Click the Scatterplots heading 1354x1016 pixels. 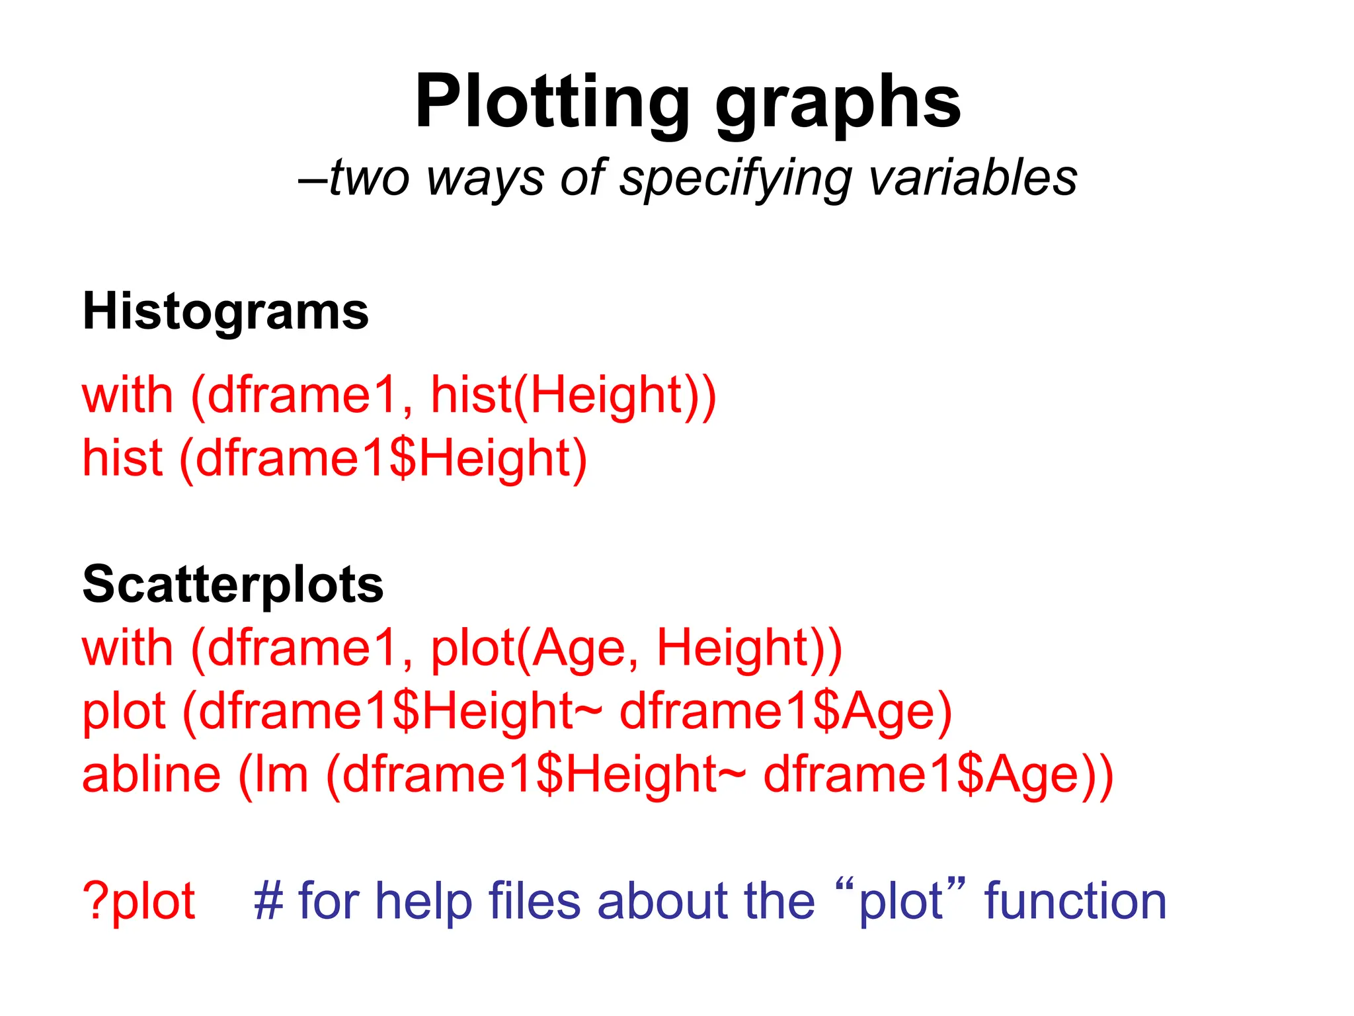tap(233, 585)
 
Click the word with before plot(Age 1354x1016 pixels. tap(127, 648)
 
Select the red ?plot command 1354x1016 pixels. tap(139, 902)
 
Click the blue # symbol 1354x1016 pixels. tap(268, 901)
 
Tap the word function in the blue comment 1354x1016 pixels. tap(1075, 901)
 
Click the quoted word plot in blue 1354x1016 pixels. tap(900, 902)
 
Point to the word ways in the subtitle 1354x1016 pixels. tap(485, 179)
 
